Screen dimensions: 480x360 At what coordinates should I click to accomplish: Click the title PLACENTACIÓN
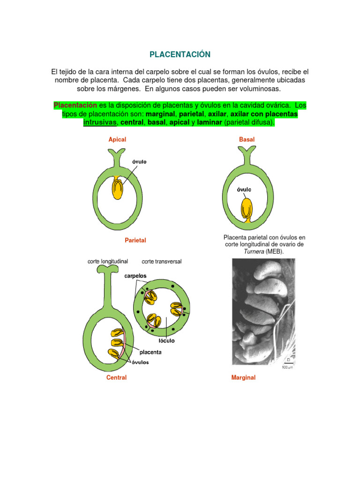click(180, 55)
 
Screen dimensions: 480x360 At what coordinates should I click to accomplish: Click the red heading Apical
click(117, 139)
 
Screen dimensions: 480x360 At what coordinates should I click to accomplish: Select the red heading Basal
click(247, 139)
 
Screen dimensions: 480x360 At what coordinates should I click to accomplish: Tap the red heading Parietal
click(135, 240)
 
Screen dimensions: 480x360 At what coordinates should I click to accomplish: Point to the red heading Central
click(116, 377)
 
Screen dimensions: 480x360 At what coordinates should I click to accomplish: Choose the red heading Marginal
click(243, 377)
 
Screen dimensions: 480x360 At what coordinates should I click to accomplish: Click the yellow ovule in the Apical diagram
click(118, 187)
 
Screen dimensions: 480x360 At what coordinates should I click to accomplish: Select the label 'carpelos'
click(135, 276)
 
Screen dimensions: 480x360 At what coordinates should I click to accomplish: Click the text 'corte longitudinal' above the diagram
click(108, 261)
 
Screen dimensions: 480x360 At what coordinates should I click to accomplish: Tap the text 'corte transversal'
click(161, 261)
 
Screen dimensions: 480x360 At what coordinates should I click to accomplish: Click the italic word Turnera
click(254, 252)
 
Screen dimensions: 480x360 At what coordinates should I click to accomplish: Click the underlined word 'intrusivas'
click(100, 122)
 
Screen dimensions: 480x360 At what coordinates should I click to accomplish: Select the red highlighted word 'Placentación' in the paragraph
click(75, 105)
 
